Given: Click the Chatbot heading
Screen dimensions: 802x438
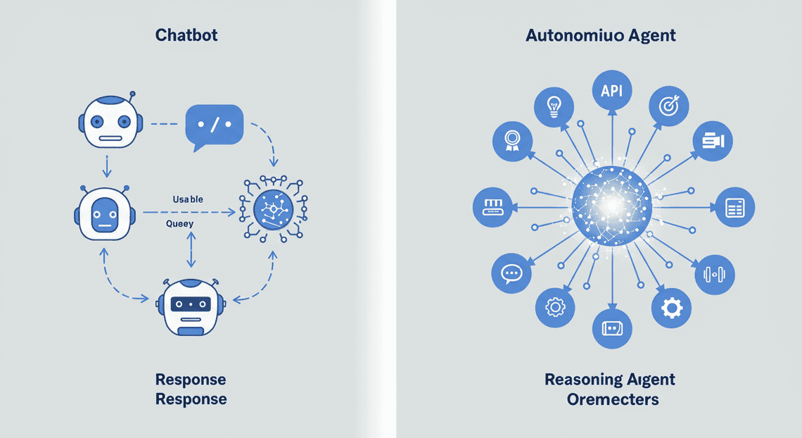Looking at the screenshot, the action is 186,35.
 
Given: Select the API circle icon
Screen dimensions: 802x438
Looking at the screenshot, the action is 612,91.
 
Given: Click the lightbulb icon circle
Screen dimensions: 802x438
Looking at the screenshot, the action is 554,107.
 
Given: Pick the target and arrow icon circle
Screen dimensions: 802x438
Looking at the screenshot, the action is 668,106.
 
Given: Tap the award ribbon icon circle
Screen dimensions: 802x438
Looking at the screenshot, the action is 512,142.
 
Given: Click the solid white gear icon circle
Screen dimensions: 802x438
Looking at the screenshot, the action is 671,308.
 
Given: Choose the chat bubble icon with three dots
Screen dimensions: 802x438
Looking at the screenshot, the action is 511,273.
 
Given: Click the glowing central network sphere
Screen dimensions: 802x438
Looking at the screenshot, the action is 612,206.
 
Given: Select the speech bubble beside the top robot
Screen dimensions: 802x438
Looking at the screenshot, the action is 215,127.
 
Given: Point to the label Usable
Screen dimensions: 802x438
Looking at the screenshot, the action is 188,199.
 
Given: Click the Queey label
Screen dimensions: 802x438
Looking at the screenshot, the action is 179,224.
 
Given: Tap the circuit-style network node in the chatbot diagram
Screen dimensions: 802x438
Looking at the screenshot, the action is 273,209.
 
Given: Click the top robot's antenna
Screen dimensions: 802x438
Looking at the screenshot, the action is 132,99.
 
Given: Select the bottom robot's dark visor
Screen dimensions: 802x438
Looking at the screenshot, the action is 191,304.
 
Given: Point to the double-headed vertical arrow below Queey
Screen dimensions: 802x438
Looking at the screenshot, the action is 191,250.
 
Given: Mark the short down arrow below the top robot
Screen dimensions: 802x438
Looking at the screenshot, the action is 106,165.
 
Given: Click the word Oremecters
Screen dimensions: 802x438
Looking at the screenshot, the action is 613,399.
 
